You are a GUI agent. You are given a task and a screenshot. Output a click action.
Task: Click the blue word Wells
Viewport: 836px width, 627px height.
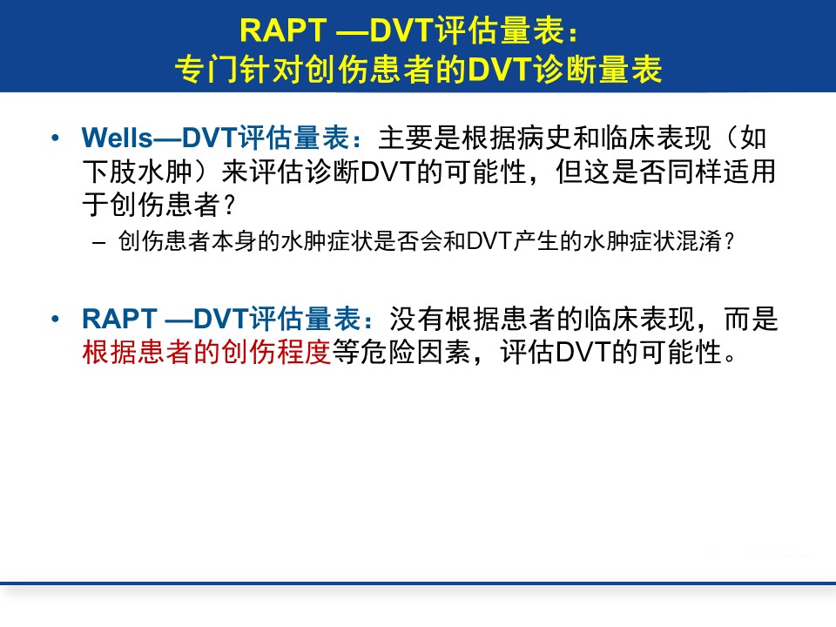118,138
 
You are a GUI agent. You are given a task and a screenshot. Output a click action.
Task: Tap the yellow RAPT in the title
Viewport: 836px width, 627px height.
282,30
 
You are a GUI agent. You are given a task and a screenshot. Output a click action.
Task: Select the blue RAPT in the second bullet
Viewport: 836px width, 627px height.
119,319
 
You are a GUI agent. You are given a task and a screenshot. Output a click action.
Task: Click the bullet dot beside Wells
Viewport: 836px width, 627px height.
55,138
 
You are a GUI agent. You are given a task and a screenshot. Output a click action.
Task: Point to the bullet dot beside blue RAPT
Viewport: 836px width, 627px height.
55,319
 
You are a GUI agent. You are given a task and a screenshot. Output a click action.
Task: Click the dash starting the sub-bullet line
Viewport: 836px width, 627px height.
98,243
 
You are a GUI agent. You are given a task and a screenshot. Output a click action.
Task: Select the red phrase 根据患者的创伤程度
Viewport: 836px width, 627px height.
207,352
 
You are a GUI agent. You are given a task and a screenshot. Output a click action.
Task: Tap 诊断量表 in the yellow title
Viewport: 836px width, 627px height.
599,70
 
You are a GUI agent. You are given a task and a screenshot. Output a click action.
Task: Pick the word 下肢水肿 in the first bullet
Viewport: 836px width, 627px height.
138,172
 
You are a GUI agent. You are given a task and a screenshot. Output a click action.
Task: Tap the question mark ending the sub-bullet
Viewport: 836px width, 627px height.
730,241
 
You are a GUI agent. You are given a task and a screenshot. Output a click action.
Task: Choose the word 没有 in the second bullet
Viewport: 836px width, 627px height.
417,319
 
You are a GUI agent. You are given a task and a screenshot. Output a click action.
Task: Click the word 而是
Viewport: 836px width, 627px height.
752,319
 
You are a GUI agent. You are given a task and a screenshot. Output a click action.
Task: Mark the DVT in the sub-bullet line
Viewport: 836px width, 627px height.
489,241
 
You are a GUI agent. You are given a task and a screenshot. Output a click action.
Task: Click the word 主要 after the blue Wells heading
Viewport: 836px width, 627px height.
406,138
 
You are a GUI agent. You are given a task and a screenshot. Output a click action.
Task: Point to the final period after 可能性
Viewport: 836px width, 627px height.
731,358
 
